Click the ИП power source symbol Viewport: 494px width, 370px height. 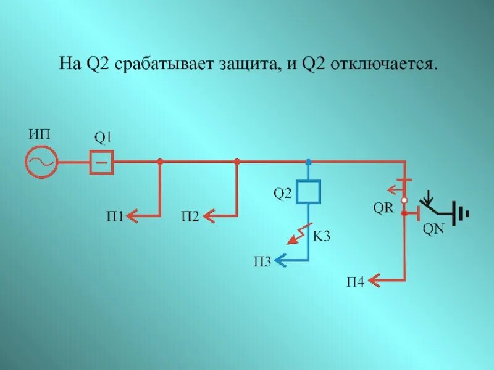[x=41, y=162]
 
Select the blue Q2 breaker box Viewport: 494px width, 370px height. [x=309, y=191]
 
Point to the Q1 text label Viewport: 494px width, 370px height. [x=103, y=136]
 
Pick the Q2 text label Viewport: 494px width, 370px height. [x=282, y=194]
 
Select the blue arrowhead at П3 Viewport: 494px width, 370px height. [x=279, y=261]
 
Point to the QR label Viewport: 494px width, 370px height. [x=383, y=207]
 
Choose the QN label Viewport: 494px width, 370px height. [x=433, y=229]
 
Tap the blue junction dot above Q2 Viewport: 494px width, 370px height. [x=309, y=162]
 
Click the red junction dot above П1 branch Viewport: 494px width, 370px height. [x=160, y=162]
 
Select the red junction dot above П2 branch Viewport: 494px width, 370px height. [x=237, y=162]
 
